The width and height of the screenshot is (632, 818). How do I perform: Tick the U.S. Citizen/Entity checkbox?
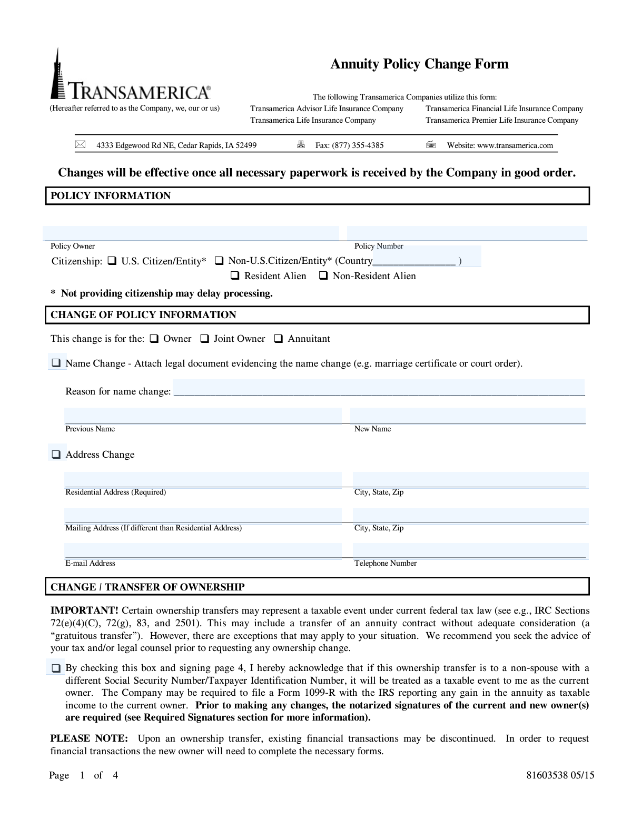pyautogui.click(x=112, y=261)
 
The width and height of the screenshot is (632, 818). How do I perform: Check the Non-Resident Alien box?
pyautogui.click(x=323, y=275)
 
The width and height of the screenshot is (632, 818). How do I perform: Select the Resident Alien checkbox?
pyautogui.click(x=235, y=275)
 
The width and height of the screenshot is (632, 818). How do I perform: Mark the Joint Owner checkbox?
pyautogui.click(x=204, y=339)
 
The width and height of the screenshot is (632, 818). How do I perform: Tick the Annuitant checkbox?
pyautogui.click(x=279, y=339)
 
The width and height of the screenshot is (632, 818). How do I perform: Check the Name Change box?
pyautogui.click(x=56, y=363)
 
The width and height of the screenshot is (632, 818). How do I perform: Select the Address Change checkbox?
pyautogui.click(x=56, y=454)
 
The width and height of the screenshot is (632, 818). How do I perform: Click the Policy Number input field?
pyautogui.click(x=467, y=233)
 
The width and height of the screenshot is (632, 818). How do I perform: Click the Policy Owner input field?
pyautogui.click(x=191, y=233)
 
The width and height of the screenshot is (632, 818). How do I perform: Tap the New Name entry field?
pyautogui.click(x=468, y=416)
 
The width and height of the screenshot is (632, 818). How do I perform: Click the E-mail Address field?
pyautogui.click(x=203, y=550)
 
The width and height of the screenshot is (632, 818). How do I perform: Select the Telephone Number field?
pyautogui.click(x=470, y=550)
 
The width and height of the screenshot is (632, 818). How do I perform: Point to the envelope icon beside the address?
pyautogui.click(x=80, y=144)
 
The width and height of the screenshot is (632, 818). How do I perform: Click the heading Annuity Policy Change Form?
pyautogui.click(x=419, y=64)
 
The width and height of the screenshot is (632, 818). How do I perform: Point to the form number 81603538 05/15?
pyautogui.click(x=560, y=775)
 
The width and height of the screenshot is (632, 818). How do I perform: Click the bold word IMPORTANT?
pyautogui.click(x=84, y=610)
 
